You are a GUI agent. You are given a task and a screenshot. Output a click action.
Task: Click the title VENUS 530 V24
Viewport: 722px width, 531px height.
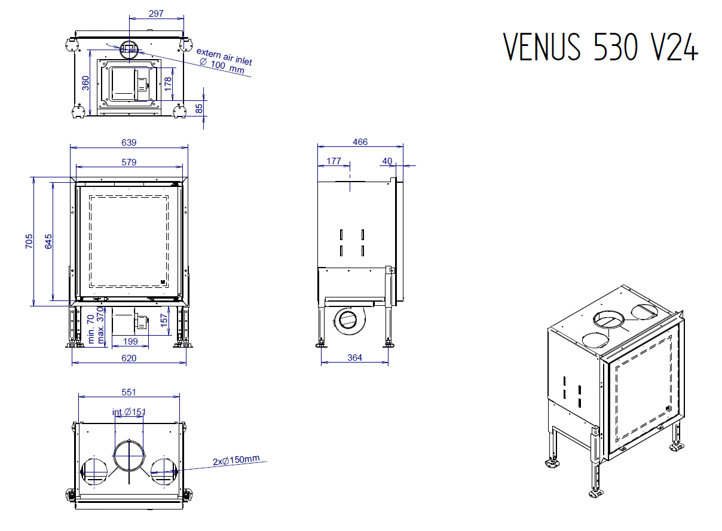pyautogui.click(x=600, y=47)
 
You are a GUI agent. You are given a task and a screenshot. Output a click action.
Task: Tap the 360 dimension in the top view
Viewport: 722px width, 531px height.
pyautogui.click(x=85, y=82)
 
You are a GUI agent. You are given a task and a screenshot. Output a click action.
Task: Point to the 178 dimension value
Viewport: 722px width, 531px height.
pyautogui.click(x=168, y=82)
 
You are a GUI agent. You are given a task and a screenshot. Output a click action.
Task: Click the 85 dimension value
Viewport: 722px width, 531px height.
pyautogui.click(x=199, y=108)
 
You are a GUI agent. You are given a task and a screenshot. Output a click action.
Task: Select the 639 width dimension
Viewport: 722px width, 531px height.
pyautogui.click(x=129, y=142)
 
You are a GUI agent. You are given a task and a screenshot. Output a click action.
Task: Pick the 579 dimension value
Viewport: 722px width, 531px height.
pyautogui.click(x=129, y=161)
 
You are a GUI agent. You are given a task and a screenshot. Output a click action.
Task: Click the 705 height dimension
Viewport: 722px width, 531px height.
pyautogui.click(x=29, y=241)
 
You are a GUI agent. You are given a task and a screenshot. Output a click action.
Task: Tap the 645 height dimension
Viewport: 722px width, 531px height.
pyautogui.click(x=48, y=241)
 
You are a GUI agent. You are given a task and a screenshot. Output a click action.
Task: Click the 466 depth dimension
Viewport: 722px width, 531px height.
pyautogui.click(x=360, y=142)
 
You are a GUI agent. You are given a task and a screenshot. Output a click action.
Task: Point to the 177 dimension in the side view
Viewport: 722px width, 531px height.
pyautogui.click(x=334, y=161)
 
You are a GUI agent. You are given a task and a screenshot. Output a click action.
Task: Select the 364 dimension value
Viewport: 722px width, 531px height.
pyautogui.click(x=354, y=357)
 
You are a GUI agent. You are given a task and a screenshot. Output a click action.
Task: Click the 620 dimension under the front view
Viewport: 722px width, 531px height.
pyautogui.click(x=129, y=358)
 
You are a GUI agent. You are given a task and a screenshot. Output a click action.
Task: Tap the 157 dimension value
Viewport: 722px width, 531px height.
pyautogui.click(x=164, y=320)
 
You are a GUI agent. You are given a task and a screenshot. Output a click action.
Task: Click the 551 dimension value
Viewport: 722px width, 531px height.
pyautogui.click(x=129, y=392)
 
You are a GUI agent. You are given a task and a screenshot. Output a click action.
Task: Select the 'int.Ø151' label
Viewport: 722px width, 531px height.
pyautogui.click(x=129, y=412)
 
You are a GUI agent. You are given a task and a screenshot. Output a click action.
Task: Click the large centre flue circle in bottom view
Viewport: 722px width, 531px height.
pyautogui.click(x=129, y=456)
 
